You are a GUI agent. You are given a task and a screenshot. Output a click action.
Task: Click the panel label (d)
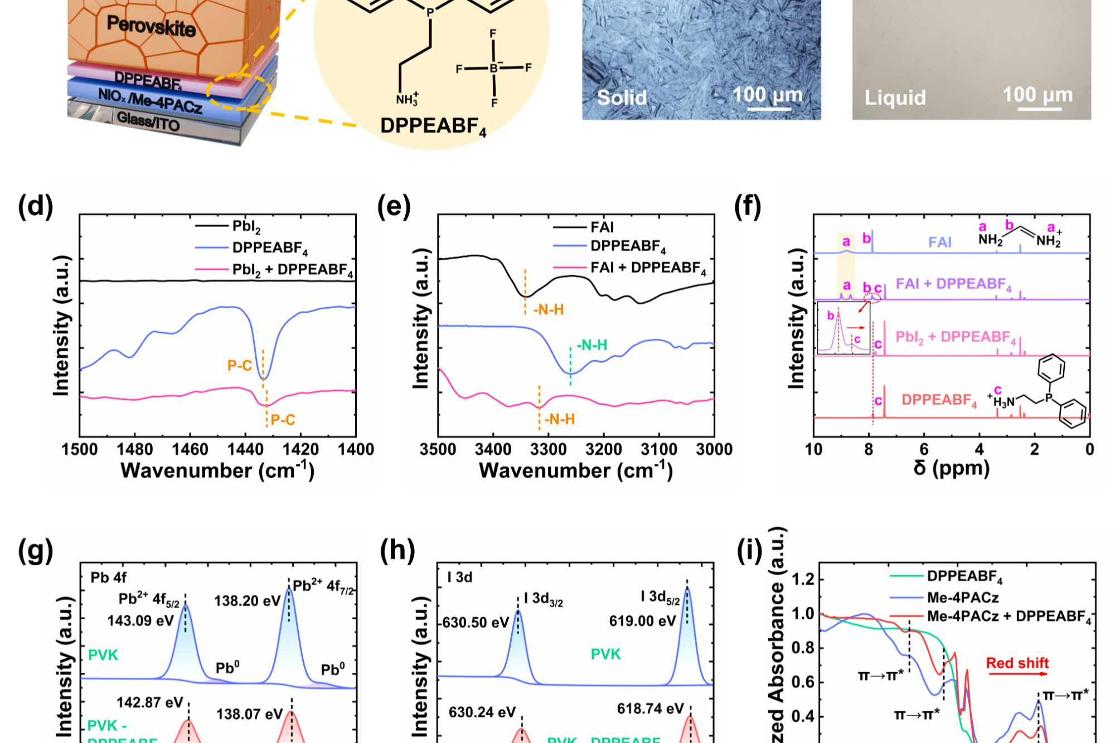[36, 207]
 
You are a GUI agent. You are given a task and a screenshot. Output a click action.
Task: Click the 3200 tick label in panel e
[604, 450]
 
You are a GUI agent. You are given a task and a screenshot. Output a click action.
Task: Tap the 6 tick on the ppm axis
[924, 450]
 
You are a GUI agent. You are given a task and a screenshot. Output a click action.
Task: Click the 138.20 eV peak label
[248, 601]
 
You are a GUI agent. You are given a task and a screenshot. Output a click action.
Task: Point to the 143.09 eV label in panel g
[140, 621]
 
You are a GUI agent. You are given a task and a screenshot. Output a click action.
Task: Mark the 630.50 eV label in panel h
[476, 623]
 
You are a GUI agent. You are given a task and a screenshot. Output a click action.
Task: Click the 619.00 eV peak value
[642, 621]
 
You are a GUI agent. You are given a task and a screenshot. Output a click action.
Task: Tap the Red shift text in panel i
[1017, 663]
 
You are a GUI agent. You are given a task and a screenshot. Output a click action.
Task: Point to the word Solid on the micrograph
[622, 98]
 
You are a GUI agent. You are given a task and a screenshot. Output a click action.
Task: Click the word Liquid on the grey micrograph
[895, 98]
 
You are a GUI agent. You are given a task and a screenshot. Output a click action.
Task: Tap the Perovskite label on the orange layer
[151, 26]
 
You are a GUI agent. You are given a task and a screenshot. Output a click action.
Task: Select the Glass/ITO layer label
[148, 120]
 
